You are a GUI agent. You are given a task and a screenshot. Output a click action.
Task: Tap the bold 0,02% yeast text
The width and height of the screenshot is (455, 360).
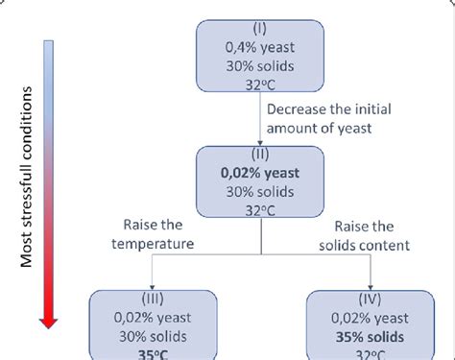tap(260, 173)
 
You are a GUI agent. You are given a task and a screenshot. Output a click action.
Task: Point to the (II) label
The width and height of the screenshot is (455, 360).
tap(260, 154)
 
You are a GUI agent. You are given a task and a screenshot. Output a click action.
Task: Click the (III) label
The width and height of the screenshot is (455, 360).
tap(144, 300)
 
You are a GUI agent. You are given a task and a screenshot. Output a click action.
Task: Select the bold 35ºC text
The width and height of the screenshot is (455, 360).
tap(144, 353)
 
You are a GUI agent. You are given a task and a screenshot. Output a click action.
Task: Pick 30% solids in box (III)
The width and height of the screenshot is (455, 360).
tap(144, 337)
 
